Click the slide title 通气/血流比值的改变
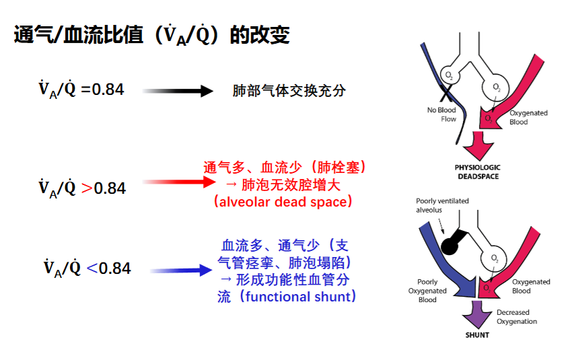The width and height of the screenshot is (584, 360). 151,35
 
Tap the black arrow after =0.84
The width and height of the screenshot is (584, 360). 178,91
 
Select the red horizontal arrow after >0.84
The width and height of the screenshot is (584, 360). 179,182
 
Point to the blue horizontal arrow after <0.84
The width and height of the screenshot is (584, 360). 181,271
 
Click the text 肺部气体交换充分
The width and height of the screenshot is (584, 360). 289,91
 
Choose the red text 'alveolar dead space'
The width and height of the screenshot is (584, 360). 283,202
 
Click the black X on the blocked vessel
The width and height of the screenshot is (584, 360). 446,93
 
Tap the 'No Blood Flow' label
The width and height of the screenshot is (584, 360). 442,114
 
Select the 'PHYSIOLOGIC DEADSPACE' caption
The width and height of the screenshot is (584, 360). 478,172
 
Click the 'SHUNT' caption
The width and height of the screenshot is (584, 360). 477,335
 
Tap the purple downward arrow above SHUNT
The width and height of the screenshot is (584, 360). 477,314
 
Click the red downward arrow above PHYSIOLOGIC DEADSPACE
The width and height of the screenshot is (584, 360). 478,146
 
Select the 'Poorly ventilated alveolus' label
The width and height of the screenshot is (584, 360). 442,205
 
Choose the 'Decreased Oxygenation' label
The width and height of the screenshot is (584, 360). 517,317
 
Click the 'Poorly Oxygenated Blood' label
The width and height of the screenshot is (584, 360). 427,291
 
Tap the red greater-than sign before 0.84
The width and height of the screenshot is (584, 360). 87,188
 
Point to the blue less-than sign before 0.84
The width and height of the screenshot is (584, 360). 92,268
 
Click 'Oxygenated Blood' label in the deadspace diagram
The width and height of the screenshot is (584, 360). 529,117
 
